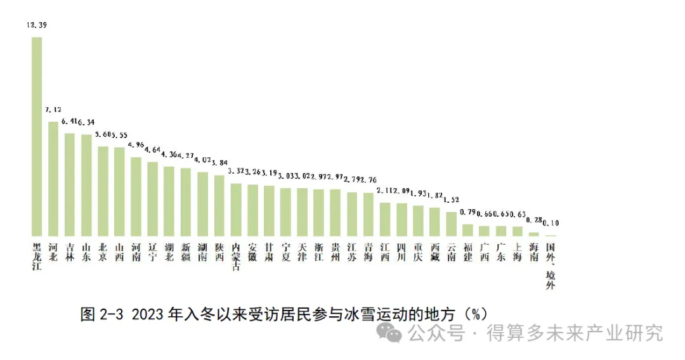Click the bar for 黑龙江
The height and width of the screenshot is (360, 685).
[x=37, y=136]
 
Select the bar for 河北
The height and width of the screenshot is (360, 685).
[x=53, y=178]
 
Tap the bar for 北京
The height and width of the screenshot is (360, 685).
[x=103, y=191]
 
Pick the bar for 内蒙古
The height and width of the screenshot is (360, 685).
[x=235, y=209]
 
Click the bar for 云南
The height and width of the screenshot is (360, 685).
[x=451, y=223]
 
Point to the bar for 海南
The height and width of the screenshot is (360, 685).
[x=533, y=233]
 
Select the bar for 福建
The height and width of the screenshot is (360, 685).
[x=467, y=229]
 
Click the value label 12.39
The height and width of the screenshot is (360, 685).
[x=37, y=25]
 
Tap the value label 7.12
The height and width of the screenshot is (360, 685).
[x=53, y=110]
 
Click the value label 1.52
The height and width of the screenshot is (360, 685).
[x=451, y=200]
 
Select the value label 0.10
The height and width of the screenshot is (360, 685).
[x=550, y=223]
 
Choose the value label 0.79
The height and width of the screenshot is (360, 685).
[x=467, y=212]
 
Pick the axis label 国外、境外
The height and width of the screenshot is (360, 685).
[x=550, y=266]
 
